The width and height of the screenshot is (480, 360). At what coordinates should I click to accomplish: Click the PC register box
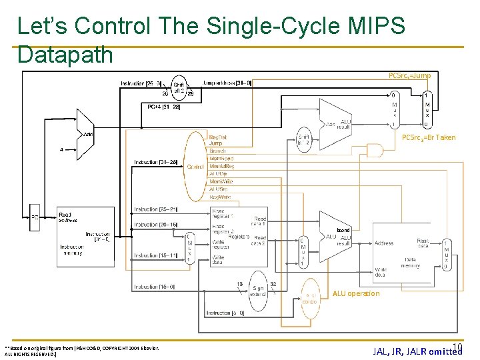point(35,217)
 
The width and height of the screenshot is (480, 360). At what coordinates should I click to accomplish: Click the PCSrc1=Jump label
point(409,76)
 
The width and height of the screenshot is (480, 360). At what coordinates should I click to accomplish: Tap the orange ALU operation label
point(356,293)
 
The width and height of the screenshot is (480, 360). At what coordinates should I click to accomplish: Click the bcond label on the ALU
point(343,230)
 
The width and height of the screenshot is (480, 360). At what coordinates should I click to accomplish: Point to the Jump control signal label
point(216,143)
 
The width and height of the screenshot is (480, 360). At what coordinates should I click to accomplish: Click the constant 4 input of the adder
point(61,150)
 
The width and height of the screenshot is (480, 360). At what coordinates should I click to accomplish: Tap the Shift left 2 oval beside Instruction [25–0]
point(179,89)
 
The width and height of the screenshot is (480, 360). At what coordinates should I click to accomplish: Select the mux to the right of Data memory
point(446,254)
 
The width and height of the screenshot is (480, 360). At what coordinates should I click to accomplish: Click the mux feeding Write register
point(190,248)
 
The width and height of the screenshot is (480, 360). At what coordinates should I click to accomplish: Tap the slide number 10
point(457,347)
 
